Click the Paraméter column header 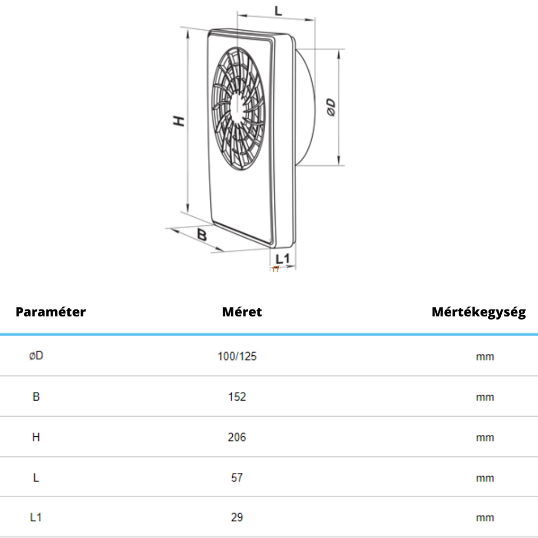click(51, 312)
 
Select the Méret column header click(242, 312)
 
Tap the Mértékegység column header click(479, 312)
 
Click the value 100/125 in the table click(237, 356)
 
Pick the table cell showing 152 click(237, 397)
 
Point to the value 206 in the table click(237, 437)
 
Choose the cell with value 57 click(237, 478)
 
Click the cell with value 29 click(237, 517)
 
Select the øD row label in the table click(36, 355)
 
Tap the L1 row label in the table click(36, 517)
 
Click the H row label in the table click(36, 437)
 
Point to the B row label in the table click(36, 397)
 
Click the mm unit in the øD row click(485, 357)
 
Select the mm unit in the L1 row click(485, 518)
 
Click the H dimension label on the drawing click(179, 121)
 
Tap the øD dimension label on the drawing click(331, 108)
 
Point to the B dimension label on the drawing click(202, 235)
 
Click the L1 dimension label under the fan click(283, 259)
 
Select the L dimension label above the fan click(278, 11)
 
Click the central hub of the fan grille click(238, 108)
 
